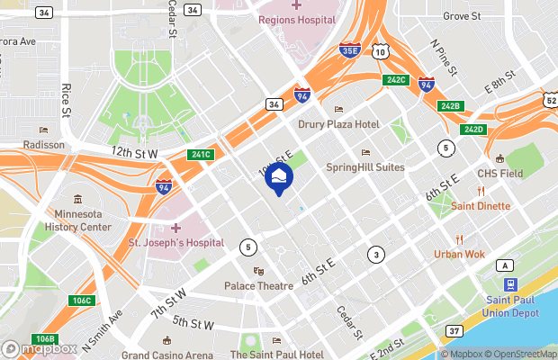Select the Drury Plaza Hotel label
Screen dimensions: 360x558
click(x=339, y=124)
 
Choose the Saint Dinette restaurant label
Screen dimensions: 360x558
click(x=481, y=206)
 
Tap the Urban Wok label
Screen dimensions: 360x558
click(x=459, y=254)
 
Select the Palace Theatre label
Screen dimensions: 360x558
click(x=259, y=285)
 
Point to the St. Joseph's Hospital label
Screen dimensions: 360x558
click(x=175, y=242)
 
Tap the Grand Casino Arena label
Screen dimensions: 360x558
click(x=167, y=355)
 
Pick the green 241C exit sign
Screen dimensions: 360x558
click(x=201, y=154)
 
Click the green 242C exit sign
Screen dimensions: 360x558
click(x=396, y=80)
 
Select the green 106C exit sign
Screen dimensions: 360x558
click(x=82, y=300)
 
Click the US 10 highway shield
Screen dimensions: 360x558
click(x=381, y=53)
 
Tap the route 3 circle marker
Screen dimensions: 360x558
click(x=375, y=256)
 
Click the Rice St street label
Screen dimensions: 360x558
click(x=67, y=101)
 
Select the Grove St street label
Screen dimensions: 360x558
click(x=463, y=16)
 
